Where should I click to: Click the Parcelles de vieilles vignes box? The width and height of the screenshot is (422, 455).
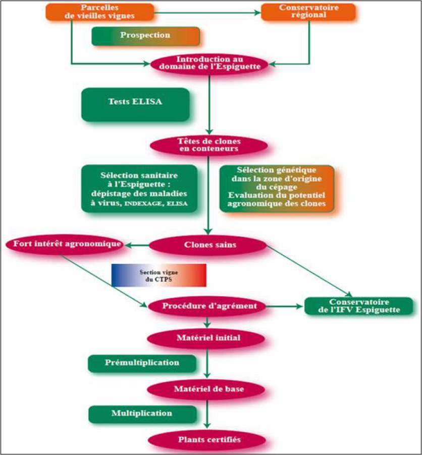(100, 12)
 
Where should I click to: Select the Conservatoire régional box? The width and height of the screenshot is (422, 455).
(308, 12)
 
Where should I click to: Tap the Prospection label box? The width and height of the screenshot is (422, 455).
(145, 36)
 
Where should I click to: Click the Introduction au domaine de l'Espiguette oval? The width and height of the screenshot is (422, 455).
(209, 64)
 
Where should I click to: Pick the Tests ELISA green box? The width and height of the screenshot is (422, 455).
(135, 105)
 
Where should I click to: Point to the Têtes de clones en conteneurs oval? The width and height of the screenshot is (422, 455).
(209, 146)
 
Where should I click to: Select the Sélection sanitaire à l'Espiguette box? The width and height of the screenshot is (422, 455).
(139, 189)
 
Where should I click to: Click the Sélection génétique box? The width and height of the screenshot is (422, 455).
(277, 189)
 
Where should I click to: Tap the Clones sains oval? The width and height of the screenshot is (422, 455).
(208, 245)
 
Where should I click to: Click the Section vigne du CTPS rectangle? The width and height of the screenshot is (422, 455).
(159, 276)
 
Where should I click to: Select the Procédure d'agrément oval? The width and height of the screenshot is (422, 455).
(207, 306)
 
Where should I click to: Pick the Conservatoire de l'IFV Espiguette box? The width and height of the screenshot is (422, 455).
(359, 306)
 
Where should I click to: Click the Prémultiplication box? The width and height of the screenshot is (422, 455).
(142, 363)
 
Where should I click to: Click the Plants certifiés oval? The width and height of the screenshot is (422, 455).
(207, 440)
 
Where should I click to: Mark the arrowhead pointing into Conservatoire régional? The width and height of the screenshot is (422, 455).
(257, 13)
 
